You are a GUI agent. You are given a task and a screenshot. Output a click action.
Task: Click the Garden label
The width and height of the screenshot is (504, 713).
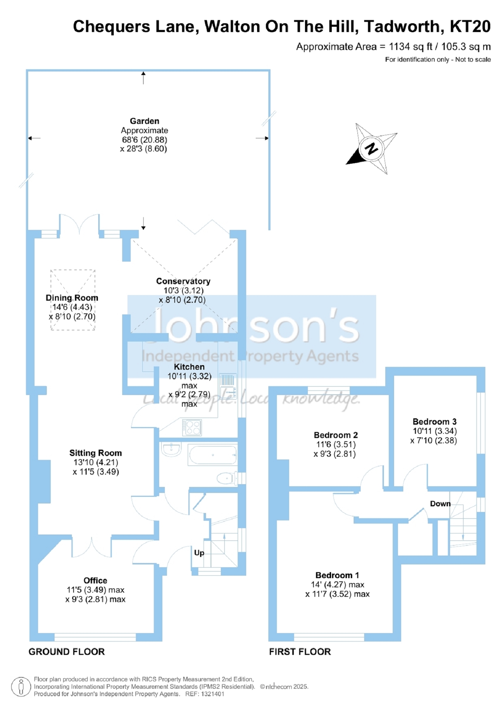(x=144, y=121)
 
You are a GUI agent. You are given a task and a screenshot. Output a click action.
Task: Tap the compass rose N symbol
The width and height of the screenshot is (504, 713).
(x=371, y=148)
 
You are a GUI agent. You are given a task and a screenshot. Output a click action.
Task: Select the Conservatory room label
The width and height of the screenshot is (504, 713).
(x=183, y=281)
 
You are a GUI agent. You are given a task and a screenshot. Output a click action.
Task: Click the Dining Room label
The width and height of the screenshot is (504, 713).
(x=72, y=298)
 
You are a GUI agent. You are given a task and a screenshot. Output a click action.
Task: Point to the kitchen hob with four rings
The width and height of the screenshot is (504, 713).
(x=192, y=427)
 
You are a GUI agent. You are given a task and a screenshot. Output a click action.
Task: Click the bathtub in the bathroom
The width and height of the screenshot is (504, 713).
(x=212, y=455)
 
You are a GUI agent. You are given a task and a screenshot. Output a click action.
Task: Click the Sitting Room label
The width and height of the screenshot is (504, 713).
(x=95, y=453)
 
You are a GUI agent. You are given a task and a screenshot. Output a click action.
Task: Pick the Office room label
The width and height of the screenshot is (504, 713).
(x=95, y=581)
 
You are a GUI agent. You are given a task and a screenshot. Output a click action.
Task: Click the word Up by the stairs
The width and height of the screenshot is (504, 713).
(x=199, y=553)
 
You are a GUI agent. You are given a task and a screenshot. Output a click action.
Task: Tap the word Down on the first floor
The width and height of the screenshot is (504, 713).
(x=440, y=504)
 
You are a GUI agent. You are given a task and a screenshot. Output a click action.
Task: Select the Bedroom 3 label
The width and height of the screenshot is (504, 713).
(x=435, y=422)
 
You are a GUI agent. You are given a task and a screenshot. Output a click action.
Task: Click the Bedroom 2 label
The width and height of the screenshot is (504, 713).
(x=336, y=435)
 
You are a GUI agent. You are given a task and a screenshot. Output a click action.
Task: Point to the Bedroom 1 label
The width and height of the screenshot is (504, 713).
(x=337, y=575)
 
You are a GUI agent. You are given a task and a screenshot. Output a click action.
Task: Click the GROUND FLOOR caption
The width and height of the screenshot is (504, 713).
(x=67, y=652)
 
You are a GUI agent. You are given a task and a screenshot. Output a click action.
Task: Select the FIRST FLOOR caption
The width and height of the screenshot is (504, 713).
(x=300, y=652)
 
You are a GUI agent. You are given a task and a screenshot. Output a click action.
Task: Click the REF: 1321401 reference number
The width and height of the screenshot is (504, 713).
(x=205, y=694)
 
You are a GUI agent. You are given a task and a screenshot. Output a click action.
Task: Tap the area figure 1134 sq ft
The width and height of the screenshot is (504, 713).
(x=411, y=47)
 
